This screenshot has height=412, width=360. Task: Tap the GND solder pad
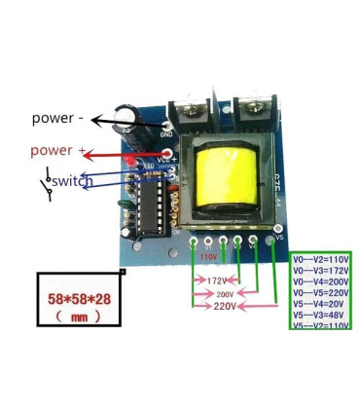tap(169, 126)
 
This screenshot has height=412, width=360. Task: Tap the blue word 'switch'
tap(73, 181)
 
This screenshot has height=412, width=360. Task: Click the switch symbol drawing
tap(44, 180)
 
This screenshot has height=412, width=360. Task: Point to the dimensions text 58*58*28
tap(80, 299)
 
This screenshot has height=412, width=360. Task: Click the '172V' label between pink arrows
tap(217, 280)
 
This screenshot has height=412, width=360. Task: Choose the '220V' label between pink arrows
tap(225, 306)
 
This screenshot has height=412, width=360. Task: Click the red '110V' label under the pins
tap(209, 257)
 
